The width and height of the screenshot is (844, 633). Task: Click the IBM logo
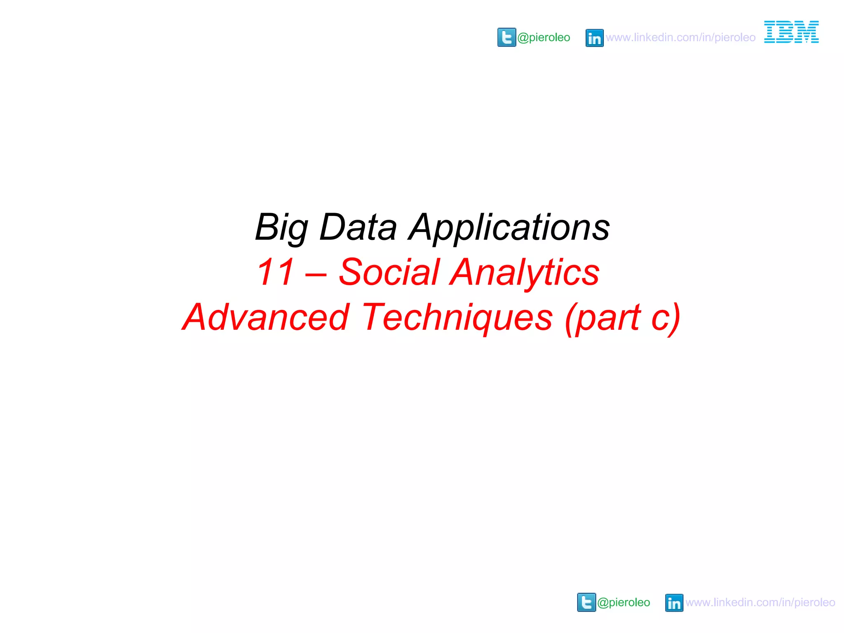(791, 32)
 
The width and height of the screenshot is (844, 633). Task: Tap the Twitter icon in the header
(506, 38)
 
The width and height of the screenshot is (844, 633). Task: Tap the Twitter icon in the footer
(586, 603)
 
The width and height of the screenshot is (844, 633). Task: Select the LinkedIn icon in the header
(594, 38)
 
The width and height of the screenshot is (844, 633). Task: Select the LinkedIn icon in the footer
(674, 603)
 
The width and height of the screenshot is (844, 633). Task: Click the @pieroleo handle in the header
(544, 38)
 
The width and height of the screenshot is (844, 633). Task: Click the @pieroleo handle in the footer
(624, 603)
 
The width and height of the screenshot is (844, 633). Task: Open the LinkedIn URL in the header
(680, 38)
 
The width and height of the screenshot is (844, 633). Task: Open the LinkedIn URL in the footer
(760, 603)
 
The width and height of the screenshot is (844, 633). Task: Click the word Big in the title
(281, 227)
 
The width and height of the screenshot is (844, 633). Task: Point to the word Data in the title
(358, 227)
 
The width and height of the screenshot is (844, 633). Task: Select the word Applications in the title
(509, 227)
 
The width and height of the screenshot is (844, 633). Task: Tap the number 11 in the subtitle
(275, 272)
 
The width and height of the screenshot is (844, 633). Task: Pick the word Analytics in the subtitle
(525, 272)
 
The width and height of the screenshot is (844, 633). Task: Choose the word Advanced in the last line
(266, 317)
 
